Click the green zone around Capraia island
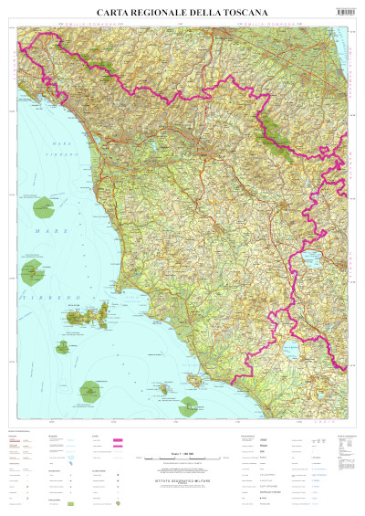coord(36,270)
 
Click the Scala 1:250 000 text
coord(172,454)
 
